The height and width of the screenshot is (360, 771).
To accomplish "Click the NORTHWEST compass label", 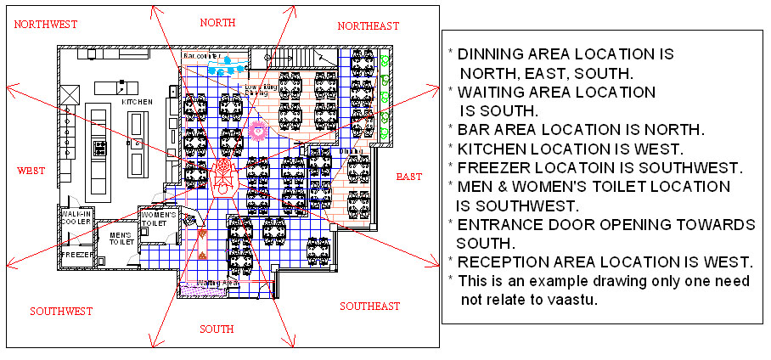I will point(47,25).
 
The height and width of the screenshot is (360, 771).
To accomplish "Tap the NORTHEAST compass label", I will point(368,26).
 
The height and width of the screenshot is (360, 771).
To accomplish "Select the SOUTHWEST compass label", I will point(61,312).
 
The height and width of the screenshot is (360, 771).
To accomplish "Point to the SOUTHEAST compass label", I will point(369,306).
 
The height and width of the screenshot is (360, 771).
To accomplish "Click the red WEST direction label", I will point(31,171).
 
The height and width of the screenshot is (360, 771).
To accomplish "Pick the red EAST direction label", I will point(408,177).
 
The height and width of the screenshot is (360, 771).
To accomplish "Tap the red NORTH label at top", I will point(217,22).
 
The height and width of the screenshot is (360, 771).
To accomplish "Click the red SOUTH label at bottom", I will point(216,329).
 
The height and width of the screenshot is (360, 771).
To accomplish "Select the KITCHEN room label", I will point(137,102).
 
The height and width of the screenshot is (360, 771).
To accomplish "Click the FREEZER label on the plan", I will point(75,254).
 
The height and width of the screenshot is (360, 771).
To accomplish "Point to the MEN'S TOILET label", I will point(116,239).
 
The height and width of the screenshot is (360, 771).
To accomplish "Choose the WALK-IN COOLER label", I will point(76,219).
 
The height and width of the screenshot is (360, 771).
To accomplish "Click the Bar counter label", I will point(201,57).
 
